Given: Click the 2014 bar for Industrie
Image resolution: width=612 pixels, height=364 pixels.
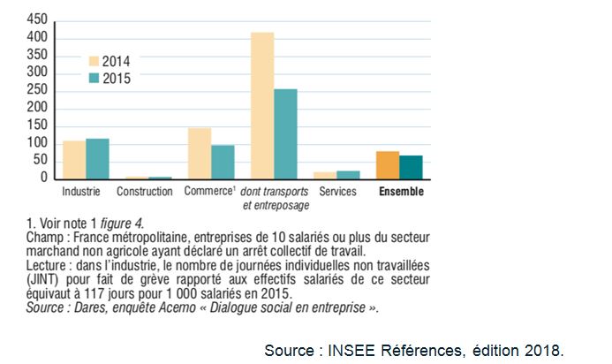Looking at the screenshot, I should tap(74, 160).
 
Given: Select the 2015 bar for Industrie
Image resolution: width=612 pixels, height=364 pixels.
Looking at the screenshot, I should tap(97, 159).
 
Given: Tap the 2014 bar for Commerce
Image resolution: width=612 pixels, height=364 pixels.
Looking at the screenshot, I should tap(200, 154).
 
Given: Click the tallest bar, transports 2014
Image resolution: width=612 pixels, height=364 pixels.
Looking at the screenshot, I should tap(262, 106).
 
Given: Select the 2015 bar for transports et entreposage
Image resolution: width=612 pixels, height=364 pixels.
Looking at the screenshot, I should tap(285, 134).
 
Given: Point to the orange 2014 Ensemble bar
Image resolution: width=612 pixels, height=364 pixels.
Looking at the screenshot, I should tap(388, 165).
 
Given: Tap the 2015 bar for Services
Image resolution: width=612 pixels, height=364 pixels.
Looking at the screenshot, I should tap(348, 174).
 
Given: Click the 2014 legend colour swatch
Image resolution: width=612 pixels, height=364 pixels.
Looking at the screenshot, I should tap(94, 61).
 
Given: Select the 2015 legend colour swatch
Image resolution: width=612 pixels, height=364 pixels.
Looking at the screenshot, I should tap(94, 79).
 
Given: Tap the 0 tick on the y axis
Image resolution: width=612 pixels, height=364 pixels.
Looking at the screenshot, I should tap(43, 178).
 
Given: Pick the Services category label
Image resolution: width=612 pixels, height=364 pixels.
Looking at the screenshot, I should tap(337, 191).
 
